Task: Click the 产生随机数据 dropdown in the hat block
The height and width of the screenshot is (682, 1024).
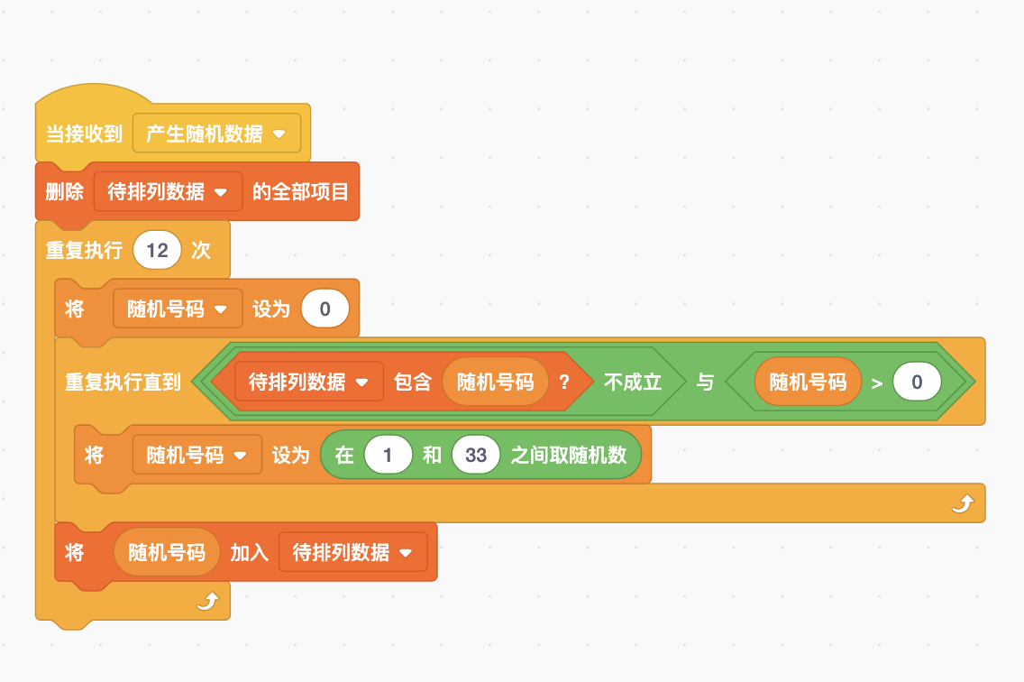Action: point(216,134)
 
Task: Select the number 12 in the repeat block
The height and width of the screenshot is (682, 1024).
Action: point(158,250)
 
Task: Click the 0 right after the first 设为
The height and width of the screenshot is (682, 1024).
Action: point(325,309)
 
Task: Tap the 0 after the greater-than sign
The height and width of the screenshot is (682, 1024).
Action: point(917,382)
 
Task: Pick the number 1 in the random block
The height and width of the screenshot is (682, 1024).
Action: point(388,455)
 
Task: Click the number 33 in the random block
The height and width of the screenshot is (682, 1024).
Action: point(476,455)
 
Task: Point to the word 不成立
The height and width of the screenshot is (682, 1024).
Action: point(633,382)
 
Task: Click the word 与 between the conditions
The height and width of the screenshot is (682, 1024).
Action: point(705,382)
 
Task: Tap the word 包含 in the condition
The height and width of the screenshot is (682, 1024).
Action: point(413,382)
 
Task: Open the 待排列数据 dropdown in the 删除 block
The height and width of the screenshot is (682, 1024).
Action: point(168,191)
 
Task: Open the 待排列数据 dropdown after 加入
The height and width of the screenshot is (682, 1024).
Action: point(352,552)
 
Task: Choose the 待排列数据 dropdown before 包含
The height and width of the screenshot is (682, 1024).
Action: point(309,382)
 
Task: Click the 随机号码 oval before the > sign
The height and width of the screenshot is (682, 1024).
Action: point(808,382)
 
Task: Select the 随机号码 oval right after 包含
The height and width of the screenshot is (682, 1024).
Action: point(496,382)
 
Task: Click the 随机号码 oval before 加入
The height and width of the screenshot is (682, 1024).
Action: point(167,552)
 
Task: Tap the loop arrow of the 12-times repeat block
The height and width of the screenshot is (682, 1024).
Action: point(208,601)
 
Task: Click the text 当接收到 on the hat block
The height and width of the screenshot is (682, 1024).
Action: point(84,134)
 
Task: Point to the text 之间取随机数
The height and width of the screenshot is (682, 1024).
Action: point(569,455)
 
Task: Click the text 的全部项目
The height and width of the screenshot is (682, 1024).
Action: point(300,191)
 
